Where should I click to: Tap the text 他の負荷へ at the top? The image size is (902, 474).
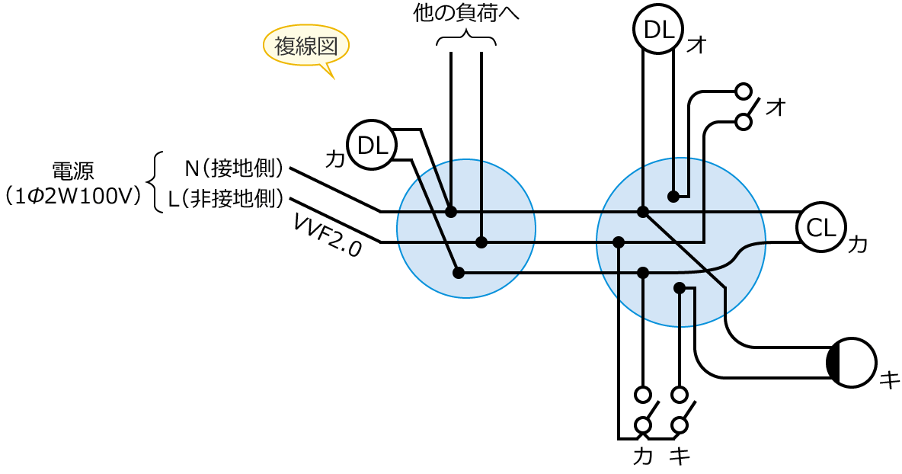pyautogui.click(x=465, y=14)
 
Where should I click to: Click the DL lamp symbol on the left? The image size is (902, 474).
pyautogui.click(x=372, y=144)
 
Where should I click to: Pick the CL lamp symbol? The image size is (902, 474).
pyautogui.click(x=820, y=227)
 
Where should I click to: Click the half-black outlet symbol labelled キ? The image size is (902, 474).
pyautogui.click(x=852, y=363)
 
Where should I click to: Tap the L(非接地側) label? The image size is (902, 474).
pyautogui.click(x=226, y=200)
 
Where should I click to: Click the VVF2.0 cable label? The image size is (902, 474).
pyautogui.click(x=327, y=235)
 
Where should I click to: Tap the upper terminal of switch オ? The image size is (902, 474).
pyautogui.click(x=743, y=91)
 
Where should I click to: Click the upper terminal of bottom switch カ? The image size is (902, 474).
pyautogui.click(x=644, y=394)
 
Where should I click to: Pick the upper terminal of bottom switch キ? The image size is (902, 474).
pyautogui.click(x=680, y=394)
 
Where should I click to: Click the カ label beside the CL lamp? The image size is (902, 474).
pyautogui.click(x=857, y=245)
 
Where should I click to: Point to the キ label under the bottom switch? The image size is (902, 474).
pyautogui.click(x=680, y=456)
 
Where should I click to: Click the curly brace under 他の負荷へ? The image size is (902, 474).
pyautogui.click(x=466, y=40)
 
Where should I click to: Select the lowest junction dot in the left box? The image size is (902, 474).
pyautogui.click(x=459, y=272)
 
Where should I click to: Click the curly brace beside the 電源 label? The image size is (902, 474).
pyautogui.click(x=155, y=182)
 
